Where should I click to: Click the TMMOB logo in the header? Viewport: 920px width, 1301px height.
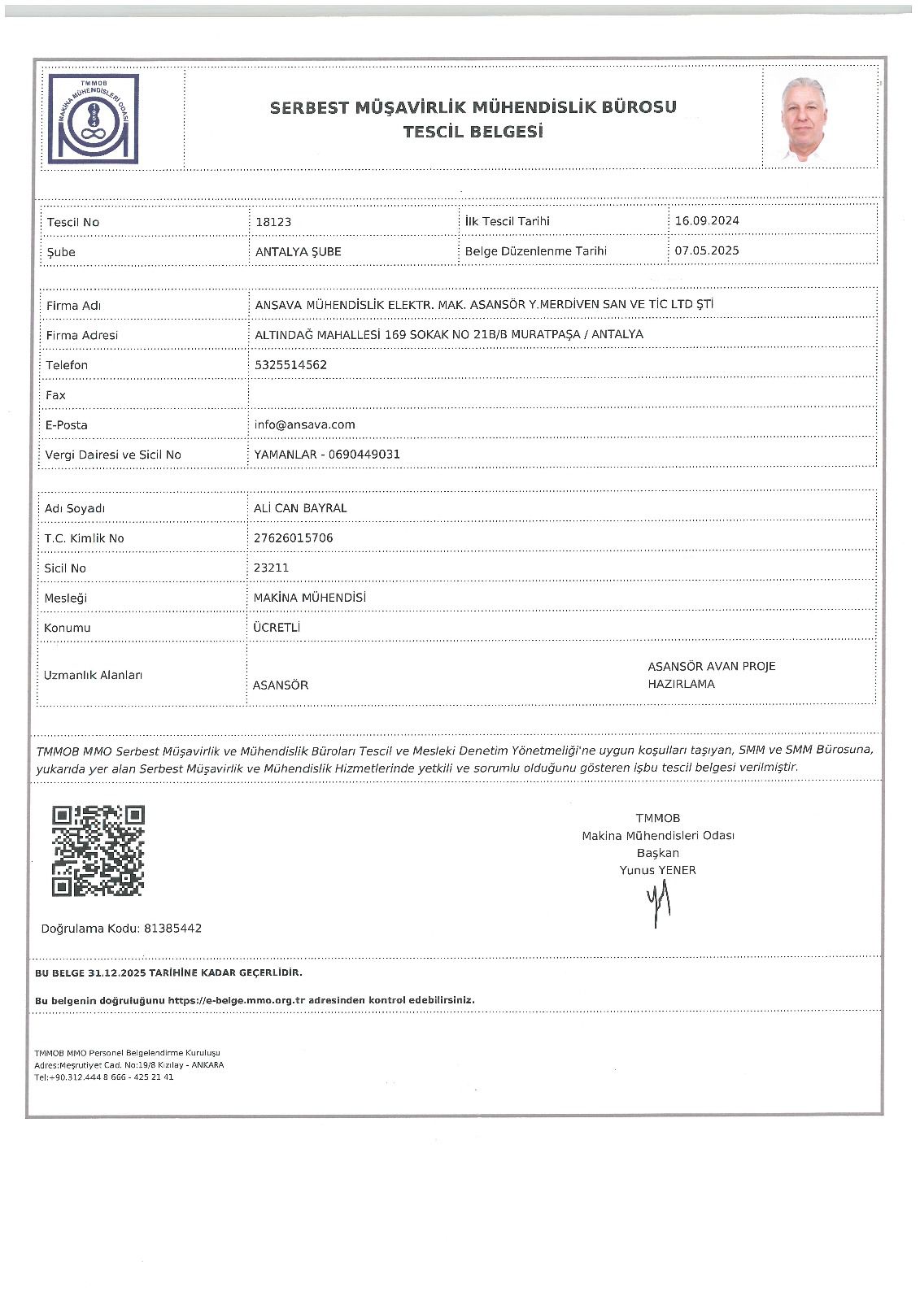point(93,119)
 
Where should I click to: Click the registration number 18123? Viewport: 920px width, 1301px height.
point(273,222)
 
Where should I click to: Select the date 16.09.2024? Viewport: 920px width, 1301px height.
point(707,220)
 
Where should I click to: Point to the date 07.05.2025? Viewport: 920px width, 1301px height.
point(707,250)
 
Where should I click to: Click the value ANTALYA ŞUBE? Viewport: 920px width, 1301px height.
point(298,251)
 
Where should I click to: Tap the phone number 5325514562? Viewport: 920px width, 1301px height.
point(290,365)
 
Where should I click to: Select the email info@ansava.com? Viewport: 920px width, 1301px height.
point(304,424)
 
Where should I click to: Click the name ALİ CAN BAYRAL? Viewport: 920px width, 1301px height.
point(300,508)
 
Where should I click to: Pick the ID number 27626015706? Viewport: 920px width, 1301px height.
point(293,538)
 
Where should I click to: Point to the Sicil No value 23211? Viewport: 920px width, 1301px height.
point(271,568)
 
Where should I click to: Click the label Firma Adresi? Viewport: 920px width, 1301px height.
point(81,335)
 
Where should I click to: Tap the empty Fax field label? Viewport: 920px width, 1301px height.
point(55,395)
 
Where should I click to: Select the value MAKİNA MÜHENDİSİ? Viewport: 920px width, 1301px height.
point(309,598)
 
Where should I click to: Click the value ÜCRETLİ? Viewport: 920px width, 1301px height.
point(277,628)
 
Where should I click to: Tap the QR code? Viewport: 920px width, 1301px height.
point(98,851)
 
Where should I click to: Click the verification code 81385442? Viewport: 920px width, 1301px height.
point(172,929)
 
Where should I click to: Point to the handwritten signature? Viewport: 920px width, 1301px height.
point(658,904)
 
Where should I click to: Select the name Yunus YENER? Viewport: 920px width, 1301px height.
point(657,870)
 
